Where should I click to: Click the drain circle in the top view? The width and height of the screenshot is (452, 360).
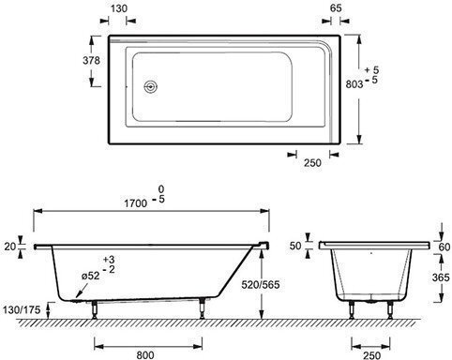[x=151, y=86]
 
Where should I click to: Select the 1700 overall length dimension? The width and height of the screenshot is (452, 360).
[x=136, y=203]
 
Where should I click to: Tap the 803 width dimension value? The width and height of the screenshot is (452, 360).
[x=354, y=84]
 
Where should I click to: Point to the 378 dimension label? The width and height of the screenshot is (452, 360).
[x=91, y=60]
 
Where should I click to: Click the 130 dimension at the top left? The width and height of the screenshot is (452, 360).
[x=119, y=8]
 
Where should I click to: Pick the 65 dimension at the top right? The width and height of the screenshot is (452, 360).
[x=336, y=8]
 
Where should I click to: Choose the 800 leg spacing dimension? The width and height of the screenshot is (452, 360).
[x=145, y=354]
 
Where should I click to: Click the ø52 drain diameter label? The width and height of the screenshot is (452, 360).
[x=90, y=276]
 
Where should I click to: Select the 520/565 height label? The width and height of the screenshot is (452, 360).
[x=261, y=284]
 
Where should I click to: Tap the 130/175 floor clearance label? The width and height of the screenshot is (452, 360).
[x=22, y=309]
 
